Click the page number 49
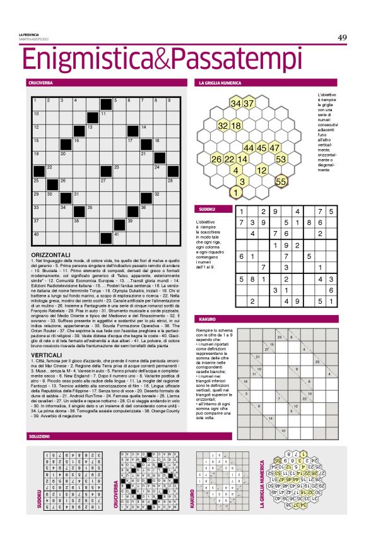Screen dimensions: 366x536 coord(341,38)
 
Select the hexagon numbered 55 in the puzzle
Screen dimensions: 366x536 coord(281,181)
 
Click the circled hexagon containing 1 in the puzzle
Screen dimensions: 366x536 coord(235,193)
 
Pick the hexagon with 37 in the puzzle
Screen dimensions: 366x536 coord(249,103)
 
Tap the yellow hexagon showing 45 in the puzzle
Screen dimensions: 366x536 coord(261,148)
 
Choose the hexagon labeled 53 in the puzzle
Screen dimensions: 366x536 coord(281,159)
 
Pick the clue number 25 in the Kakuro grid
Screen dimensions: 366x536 coord(317,361)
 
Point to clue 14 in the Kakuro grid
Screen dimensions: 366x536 coord(271,419)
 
